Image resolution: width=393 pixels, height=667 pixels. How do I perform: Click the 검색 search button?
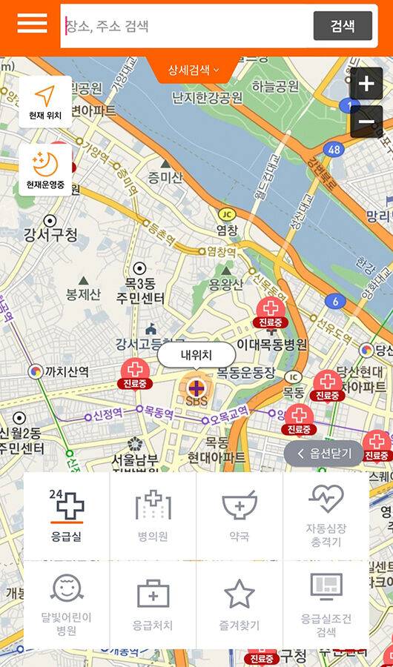tap(342, 26)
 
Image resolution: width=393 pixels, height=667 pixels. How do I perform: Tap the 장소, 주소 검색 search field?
tap(185, 26)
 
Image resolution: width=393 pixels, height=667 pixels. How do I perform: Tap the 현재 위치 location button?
tap(46, 102)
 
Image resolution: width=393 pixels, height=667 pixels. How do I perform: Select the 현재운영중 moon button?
tap(46, 169)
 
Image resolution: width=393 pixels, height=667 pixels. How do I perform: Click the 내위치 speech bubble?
tap(196, 355)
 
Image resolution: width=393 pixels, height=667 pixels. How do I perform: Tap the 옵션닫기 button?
tap(324, 454)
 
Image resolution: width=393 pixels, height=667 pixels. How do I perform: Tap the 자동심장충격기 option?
tap(326, 517)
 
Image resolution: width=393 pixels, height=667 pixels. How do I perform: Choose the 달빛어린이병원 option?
tap(67, 605)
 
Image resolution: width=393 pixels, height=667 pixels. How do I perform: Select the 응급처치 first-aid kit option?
tap(153, 605)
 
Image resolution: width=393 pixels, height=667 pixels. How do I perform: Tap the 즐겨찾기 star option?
tap(240, 605)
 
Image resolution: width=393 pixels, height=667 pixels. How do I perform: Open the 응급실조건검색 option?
tap(326, 605)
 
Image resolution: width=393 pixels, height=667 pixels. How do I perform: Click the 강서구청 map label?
tap(50, 235)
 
